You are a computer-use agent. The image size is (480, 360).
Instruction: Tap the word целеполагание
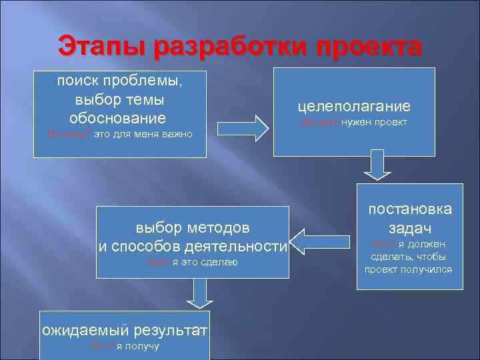tap(354, 107)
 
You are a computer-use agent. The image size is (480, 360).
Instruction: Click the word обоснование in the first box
tap(117, 118)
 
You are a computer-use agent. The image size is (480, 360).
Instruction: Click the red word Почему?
tap(65, 134)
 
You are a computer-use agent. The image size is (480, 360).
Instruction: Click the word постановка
tap(408, 209)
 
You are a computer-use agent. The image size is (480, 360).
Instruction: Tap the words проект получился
tap(408, 270)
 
